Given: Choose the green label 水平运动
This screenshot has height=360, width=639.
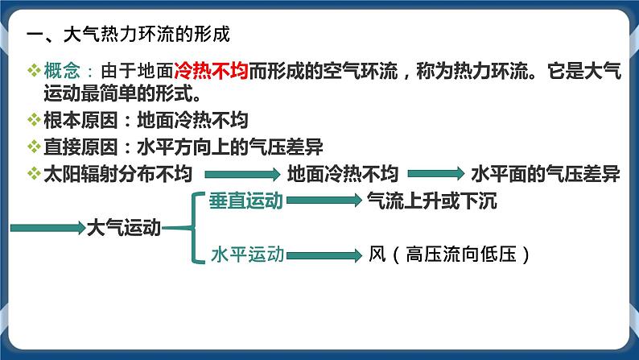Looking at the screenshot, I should point(247,254).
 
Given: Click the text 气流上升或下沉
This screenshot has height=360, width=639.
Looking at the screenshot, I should point(431,201).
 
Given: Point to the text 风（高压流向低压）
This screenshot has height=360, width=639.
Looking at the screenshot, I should point(451,254).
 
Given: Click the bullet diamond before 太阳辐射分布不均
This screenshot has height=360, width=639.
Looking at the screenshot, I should point(32,174).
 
